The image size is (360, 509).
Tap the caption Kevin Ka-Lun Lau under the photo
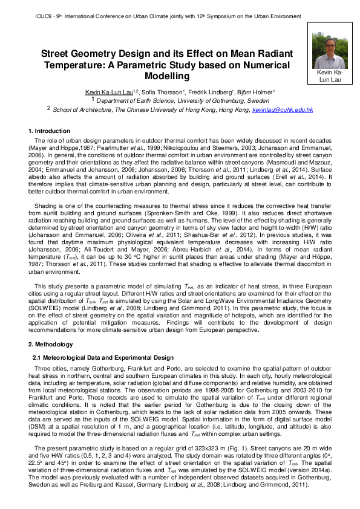(329, 76)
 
